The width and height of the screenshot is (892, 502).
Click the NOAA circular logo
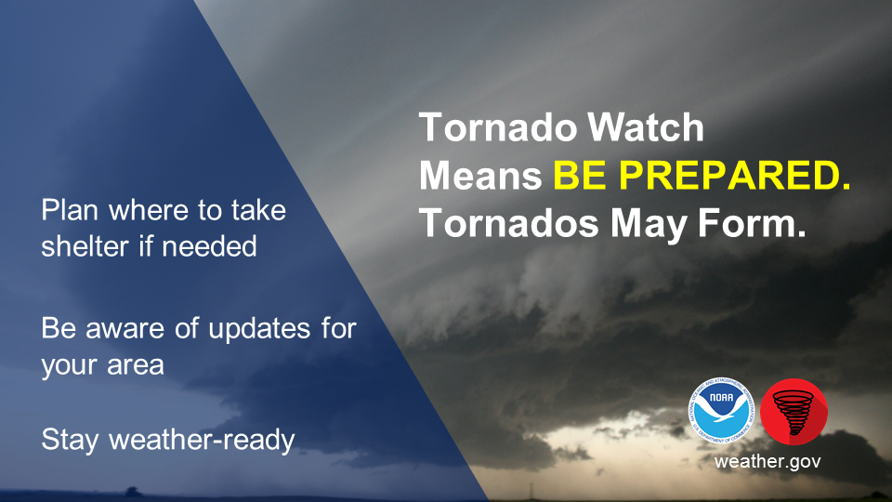tap(722, 410)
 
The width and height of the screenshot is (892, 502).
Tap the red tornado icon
tap(794, 412)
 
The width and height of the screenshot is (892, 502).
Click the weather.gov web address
tap(767, 461)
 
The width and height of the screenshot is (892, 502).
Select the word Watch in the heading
tap(646, 127)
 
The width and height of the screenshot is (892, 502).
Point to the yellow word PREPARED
tap(734, 175)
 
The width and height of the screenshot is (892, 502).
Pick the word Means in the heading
tap(480, 176)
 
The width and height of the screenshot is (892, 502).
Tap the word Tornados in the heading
tap(509, 222)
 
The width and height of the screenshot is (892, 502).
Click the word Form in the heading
tap(752, 222)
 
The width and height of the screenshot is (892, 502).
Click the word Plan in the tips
tap(70, 210)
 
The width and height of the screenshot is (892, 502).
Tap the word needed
tap(209, 246)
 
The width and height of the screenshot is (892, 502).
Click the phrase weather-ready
tap(202, 441)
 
